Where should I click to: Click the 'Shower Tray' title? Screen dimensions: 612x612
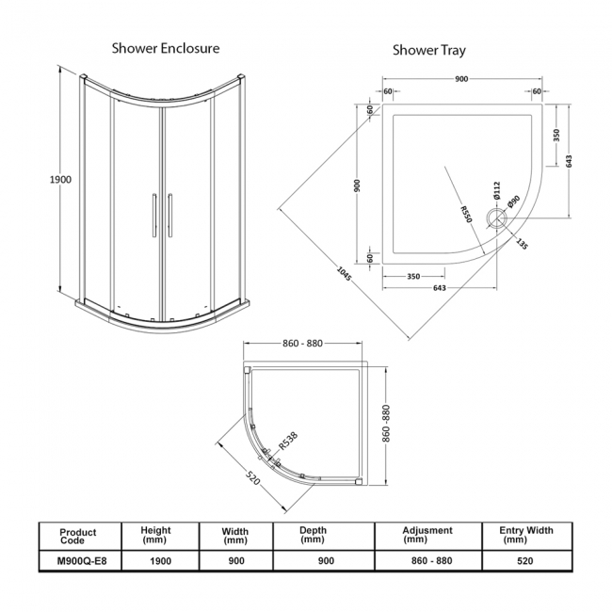[427, 50]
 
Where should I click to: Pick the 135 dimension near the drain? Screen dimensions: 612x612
[522, 243]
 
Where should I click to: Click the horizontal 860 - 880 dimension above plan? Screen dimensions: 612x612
[302, 345]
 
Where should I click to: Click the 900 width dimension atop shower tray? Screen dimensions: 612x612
[461, 78]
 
